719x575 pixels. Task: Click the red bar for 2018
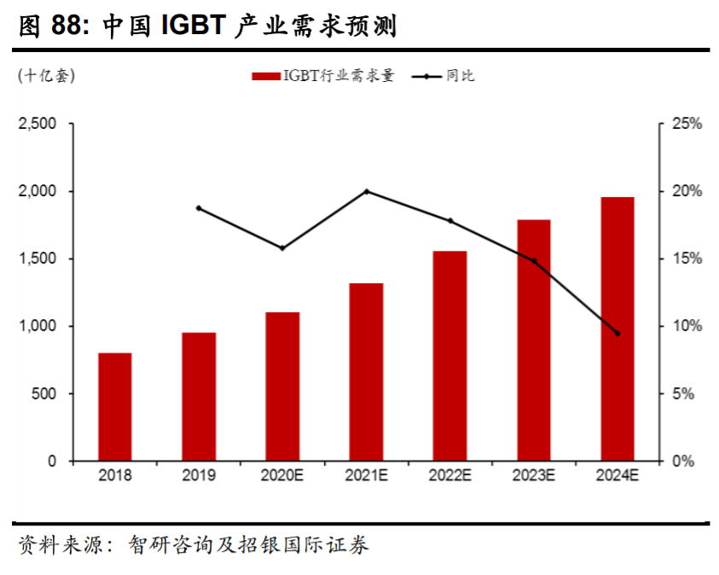pos(114,407)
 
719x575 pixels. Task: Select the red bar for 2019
pos(199,397)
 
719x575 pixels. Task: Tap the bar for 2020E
pos(282,386)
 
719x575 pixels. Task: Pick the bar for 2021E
pos(366,372)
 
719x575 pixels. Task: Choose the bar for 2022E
pos(449,356)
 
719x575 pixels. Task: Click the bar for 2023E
pos(534,340)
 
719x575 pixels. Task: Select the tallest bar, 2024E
pos(618,329)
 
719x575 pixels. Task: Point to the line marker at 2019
pos(199,208)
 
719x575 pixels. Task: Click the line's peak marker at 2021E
pos(366,191)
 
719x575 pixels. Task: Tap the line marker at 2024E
pos(618,334)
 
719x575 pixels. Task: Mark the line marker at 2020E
pos(282,248)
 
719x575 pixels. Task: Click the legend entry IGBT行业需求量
pos(324,77)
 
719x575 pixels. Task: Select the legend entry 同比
pos(444,77)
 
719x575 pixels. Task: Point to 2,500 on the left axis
pos(38,125)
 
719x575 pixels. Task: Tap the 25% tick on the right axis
pos(686,125)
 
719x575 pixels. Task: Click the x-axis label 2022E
pos(449,476)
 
